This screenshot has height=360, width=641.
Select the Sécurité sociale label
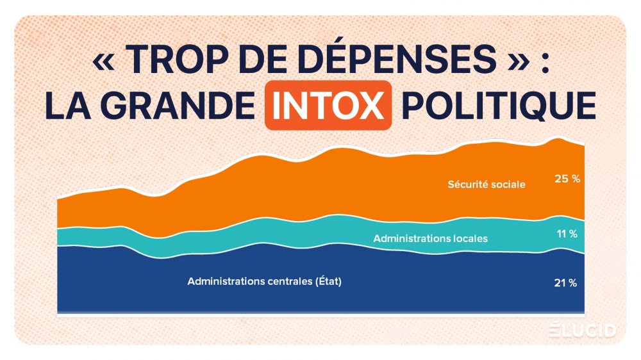[487, 184]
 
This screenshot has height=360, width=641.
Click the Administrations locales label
[430, 238]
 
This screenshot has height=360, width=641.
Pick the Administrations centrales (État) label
[265, 281]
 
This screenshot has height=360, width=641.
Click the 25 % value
[567, 179]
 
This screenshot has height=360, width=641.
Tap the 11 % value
[567, 234]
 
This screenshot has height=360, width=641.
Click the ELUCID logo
[583, 331]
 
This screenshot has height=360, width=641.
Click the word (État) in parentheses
[328, 281]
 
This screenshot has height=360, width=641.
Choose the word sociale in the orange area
[510, 184]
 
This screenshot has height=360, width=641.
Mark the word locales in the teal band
[469, 238]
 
